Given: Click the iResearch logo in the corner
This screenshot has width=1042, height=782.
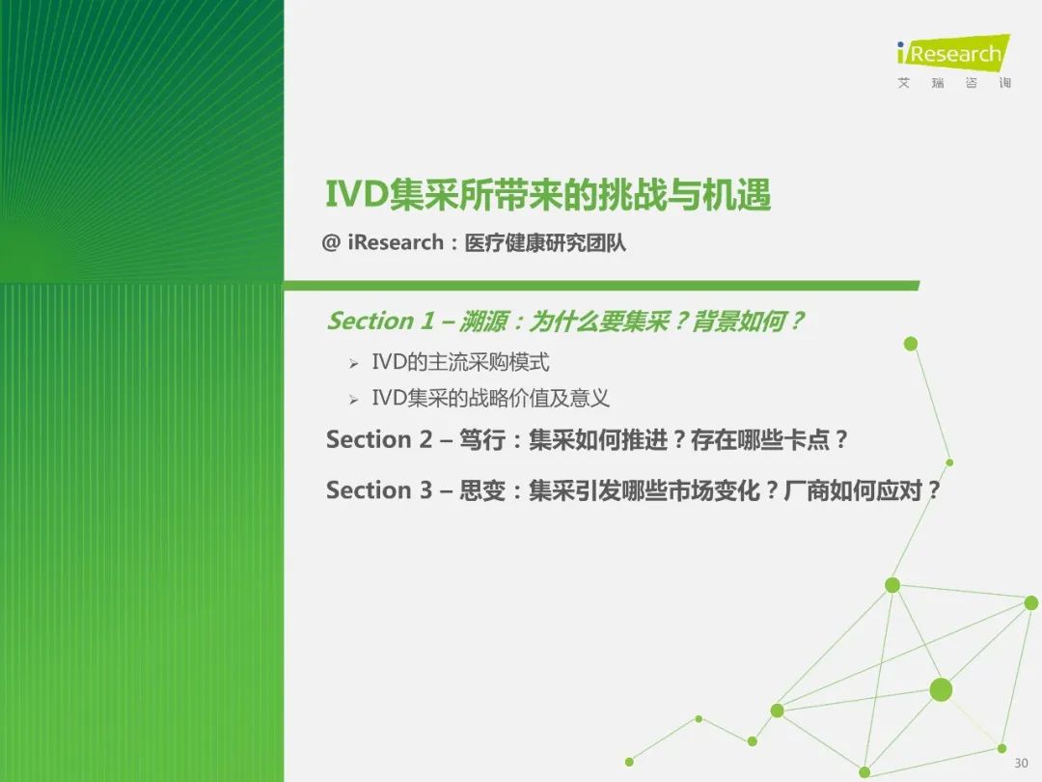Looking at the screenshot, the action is tap(953, 52).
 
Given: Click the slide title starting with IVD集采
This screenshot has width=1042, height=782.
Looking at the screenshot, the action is tap(548, 195).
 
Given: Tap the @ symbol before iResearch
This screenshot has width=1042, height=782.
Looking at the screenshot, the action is tap(331, 242).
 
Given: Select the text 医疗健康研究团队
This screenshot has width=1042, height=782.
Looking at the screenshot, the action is tap(545, 243).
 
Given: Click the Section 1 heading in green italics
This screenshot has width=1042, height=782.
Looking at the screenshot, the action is tap(564, 321).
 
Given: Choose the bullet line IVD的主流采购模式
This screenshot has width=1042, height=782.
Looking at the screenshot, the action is tap(460, 362).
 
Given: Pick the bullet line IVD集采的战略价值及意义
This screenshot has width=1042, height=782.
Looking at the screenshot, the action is tap(490, 399).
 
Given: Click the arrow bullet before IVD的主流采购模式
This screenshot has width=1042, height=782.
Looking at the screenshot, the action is tap(353, 364).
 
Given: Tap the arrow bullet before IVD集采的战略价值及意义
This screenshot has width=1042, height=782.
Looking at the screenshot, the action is tap(353, 400).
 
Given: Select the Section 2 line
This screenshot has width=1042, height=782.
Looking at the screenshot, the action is tap(587, 439).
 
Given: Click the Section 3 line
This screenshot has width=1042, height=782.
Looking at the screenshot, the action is tap(633, 490).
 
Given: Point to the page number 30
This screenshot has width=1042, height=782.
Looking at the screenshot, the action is tap(1021, 763).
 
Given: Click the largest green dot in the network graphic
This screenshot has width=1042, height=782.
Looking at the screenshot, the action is tap(941, 689).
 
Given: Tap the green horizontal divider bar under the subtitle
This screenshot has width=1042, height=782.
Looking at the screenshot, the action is tap(601, 286).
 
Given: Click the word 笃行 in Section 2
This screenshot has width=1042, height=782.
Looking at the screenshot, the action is tap(482, 439).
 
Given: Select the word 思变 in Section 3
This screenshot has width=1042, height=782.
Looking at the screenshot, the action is tap(482, 490).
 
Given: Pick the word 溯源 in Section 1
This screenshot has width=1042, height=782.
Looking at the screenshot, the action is tap(483, 321).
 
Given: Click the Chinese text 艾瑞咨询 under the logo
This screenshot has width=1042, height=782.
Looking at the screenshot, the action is tap(954, 82).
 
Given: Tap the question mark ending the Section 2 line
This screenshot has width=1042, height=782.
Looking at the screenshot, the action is tap(841, 439).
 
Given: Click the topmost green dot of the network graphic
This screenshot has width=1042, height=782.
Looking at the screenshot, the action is tap(911, 344).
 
